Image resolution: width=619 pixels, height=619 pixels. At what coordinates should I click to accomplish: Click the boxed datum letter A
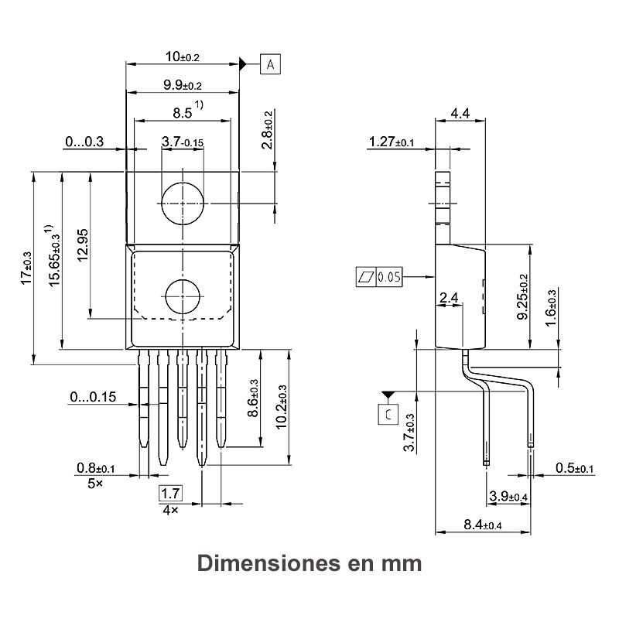[x=270, y=64]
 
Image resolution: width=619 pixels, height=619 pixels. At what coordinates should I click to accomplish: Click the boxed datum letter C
[x=388, y=415]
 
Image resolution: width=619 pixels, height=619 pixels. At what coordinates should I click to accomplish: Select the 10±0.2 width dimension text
[x=183, y=56]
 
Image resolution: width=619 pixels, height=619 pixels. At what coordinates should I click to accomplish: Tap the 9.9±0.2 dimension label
[x=183, y=85]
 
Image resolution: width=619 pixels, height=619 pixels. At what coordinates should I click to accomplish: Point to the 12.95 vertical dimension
[x=83, y=245]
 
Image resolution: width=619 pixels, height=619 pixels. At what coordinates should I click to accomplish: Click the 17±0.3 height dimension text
[x=26, y=268]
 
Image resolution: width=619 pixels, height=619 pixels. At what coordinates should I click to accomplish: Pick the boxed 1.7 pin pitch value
[x=170, y=493]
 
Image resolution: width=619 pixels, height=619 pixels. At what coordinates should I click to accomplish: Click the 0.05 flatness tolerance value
[x=389, y=277]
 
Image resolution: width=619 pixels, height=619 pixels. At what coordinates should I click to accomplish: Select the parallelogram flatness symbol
[x=366, y=277]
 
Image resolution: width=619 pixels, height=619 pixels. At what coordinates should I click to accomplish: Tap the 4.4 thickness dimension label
[x=460, y=114]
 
